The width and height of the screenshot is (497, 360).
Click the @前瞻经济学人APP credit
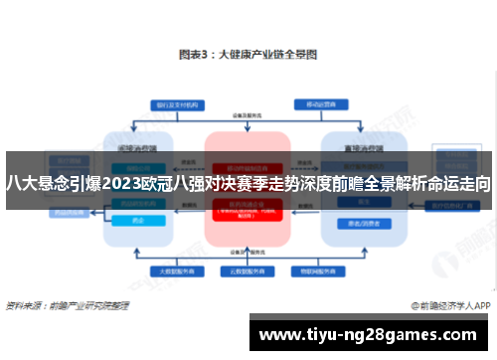(448, 306)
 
